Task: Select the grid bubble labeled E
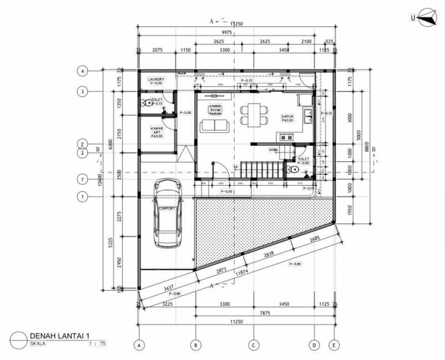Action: point(334,345)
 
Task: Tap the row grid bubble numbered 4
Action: point(82,71)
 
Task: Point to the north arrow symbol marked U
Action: point(425,18)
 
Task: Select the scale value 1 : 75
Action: point(96,344)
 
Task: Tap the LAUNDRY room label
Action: point(156,80)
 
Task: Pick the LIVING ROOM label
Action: point(215,109)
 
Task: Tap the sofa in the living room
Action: point(214,126)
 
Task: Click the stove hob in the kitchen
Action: point(286,137)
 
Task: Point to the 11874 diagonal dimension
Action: point(242,273)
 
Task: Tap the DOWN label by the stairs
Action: point(273,150)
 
